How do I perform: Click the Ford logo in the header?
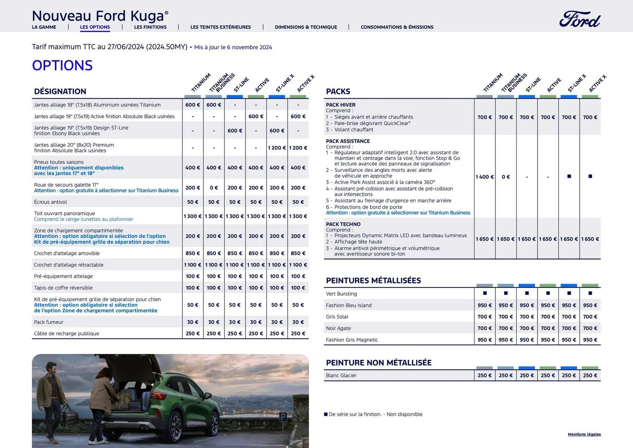[580, 19]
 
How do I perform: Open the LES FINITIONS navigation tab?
[150, 27]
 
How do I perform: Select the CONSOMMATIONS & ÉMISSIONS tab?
[397, 27]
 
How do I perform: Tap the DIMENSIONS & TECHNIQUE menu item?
[306, 27]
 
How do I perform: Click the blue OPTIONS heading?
[62, 65]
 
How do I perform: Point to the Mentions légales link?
[584, 434]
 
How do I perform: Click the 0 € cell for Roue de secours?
[214, 188]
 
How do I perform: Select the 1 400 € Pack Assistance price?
[484, 177]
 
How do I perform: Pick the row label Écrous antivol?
[50, 202]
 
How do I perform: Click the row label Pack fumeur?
[49, 322]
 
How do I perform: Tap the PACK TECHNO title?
[343, 224]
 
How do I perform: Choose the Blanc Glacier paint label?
[341, 375]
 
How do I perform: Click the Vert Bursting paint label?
[341, 294]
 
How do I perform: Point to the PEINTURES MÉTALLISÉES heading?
[373, 280]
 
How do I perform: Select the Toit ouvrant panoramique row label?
[64, 213]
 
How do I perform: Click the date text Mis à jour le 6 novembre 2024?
[233, 47]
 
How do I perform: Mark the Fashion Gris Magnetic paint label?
[352, 340]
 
